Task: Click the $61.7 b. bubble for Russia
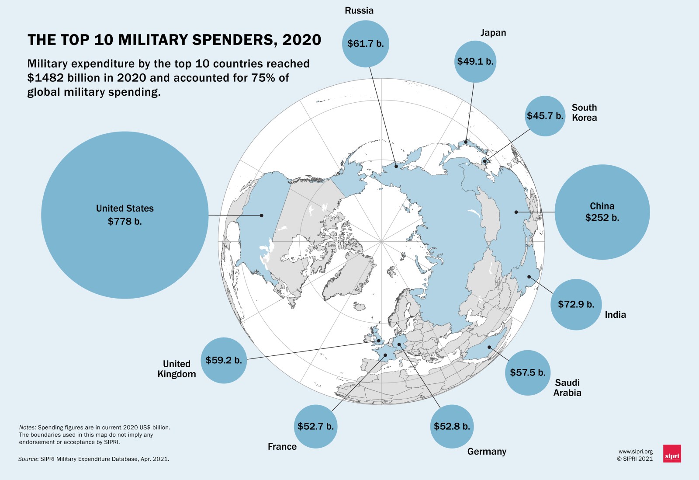pos(365,44)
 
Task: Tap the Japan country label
pos(493,33)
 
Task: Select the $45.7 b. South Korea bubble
pos(545,116)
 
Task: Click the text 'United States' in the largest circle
pos(125,209)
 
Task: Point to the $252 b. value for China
pos(602,218)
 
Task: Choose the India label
pos(615,315)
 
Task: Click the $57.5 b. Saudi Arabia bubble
pos(528,372)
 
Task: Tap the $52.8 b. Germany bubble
pos(452,426)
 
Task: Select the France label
pos(282,446)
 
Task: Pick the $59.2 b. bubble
pos(224,360)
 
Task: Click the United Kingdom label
pos(176,369)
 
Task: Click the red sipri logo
pos(672,454)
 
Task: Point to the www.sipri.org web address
pos(635,452)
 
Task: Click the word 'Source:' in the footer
pos(28,459)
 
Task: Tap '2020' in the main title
pos(301,40)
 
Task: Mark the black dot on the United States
pos(262,215)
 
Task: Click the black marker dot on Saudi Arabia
pos(489,347)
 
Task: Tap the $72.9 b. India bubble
pos(576,305)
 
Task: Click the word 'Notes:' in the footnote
pos(28,428)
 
